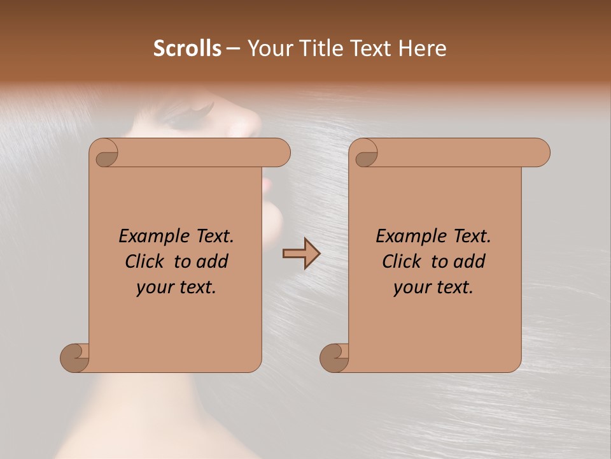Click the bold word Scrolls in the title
[187, 48]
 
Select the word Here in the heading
[423, 48]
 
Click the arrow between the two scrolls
[301, 253]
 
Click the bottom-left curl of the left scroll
[74, 357]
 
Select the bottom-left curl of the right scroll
[334, 357]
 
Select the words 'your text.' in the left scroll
[176, 288]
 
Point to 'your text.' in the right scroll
[433, 288]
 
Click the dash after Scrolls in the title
[233, 49]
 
